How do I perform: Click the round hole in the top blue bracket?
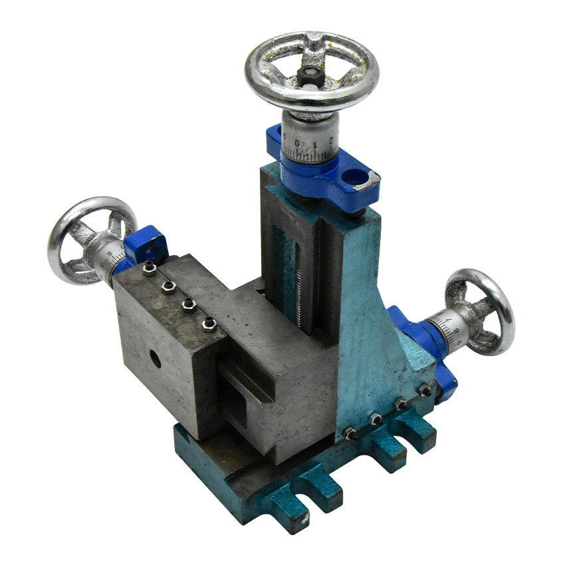[357, 176]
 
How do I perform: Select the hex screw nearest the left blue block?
[150, 269]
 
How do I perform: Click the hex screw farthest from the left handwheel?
[208, 324]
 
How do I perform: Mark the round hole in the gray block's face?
[155, 360]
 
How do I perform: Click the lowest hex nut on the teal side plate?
[350, 434]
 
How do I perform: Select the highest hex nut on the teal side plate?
[423, 390]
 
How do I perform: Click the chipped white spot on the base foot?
[308, 515]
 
